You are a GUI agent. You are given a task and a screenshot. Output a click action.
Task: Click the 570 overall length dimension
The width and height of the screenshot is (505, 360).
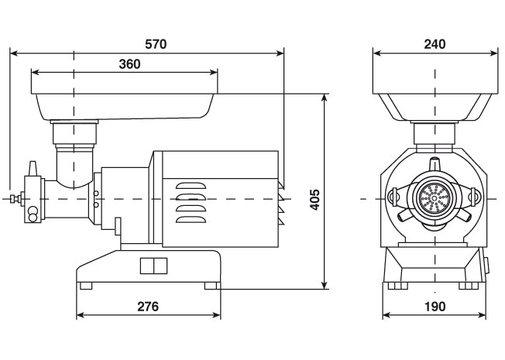point(156,45)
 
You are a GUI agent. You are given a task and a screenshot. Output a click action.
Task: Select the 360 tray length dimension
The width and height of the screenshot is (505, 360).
point(129,64)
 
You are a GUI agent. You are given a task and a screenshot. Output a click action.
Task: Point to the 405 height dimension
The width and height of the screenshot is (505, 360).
point(314,201)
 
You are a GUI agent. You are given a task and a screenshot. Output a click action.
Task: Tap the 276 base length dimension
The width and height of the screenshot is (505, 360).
point(148,307)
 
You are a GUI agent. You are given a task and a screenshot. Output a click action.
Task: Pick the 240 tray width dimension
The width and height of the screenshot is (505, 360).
point(435,45)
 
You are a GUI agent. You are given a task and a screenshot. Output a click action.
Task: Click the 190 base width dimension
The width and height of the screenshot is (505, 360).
point(435,307)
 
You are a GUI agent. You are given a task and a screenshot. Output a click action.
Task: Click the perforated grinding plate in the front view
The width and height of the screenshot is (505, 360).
point(435,200)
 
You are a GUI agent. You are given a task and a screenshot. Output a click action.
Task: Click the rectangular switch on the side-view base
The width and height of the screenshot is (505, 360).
point(153,266)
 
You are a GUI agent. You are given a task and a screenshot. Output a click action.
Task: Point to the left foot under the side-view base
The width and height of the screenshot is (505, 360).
point(85,286)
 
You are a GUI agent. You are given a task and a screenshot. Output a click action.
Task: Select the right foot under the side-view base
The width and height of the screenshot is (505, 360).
point(211,286)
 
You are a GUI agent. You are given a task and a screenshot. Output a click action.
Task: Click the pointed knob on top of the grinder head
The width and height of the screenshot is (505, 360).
point(32,170)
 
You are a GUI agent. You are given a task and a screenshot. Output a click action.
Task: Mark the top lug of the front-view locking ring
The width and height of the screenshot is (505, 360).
point(435,165)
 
